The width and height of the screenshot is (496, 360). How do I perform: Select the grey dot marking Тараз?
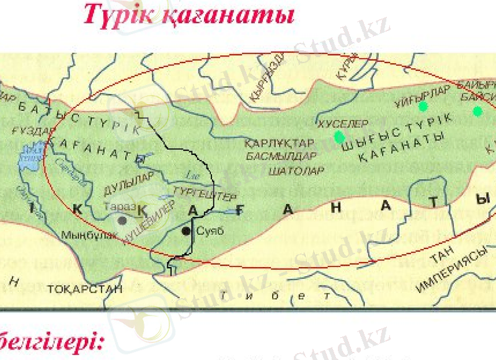tap(123, 219)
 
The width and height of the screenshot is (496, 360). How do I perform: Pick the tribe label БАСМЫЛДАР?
tap(290, 156)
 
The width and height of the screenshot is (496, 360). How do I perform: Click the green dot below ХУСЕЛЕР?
tap(339, 137)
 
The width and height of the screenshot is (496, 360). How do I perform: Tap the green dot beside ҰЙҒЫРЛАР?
tap(423, 107)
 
